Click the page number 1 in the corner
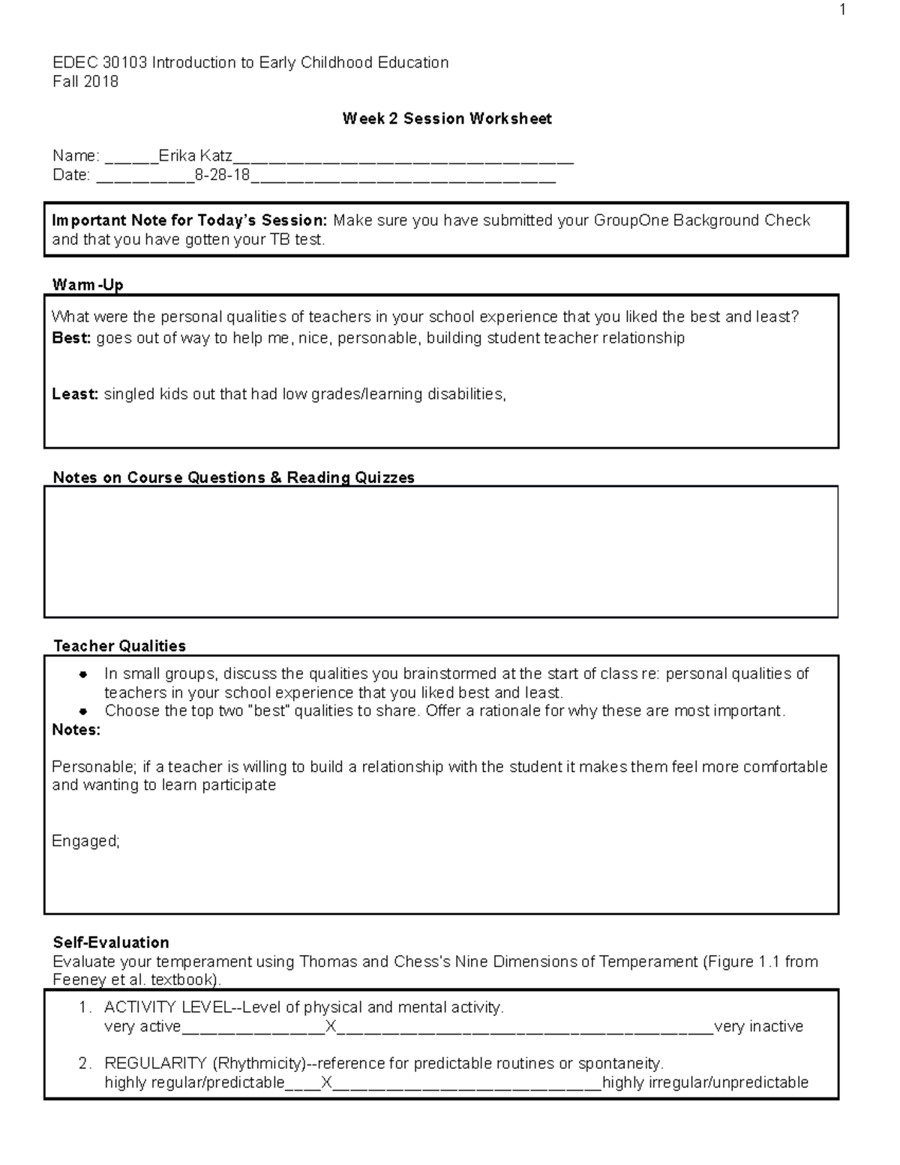[x=843, y=10]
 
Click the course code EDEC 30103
[x=100, y=63]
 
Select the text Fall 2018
[x=85, y=82]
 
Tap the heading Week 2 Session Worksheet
[x=447, y=119]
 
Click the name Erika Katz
[x=195, y=156]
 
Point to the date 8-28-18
[x=222, y=176]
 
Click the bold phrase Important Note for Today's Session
[x=189, y=221]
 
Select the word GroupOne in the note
[x=631, y=221]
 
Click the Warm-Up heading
[x=88, y=285]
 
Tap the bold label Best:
[x=71, y=338]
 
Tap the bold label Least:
[x=75, y=395]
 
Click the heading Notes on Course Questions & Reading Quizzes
[x=233, y=478]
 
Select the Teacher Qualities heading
[x=119, y=646]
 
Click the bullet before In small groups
[x=84, y=674]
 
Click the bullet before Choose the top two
[x=84, y=711]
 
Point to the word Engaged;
[x=85, y=842]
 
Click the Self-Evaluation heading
[x=111, y=943]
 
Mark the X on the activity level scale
[x=330, y=1027]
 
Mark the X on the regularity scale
[x=326, y=1083]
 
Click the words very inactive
[x=758, y=1027]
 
